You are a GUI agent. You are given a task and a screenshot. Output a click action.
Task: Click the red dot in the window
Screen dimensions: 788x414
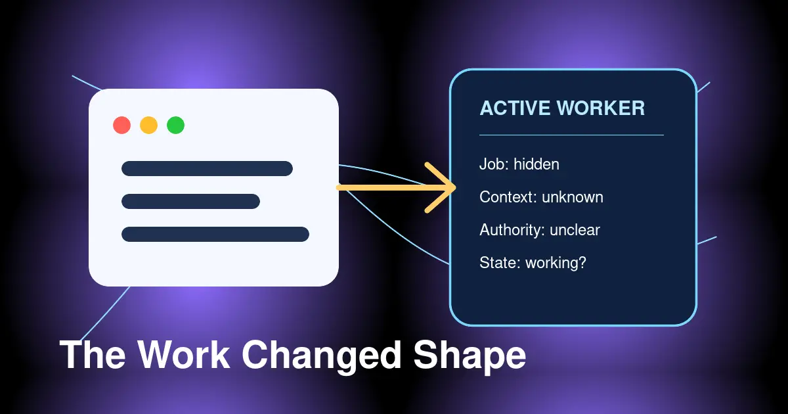(x=121, y=125)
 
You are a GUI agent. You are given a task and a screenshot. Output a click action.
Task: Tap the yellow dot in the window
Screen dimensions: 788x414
(x=149, y=125)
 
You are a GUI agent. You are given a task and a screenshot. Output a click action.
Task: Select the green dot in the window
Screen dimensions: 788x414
(x=175, y=125)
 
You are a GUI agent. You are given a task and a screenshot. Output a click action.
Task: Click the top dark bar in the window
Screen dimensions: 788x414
(x=208, y=168)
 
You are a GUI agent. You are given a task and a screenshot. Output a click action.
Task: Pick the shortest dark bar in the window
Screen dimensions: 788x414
(x=190, y=201)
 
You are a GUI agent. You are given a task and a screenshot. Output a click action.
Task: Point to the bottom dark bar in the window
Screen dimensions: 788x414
(x=215, y=234)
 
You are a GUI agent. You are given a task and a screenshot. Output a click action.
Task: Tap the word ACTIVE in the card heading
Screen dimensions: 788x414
(x=515, y=108)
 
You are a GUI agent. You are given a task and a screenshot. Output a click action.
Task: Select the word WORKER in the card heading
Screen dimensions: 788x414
(x=602, y=108)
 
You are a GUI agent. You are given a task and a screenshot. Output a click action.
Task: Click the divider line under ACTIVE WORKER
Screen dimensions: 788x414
(x=572, y=135)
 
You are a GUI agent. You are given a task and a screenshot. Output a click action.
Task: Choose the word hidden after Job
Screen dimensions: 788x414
(x=536, y=164)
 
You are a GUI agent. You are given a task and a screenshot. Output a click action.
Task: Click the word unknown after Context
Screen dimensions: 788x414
(x=573, y=197)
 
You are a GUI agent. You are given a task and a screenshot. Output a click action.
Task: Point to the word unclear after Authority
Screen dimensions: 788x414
(x=575, y=230)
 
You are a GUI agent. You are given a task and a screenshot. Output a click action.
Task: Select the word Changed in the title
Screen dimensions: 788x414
(x=322, y=356)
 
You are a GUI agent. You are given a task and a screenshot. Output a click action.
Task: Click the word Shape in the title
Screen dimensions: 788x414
(x=470, y=356)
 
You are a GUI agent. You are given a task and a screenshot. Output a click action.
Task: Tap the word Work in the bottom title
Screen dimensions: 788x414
(x=184, y=354)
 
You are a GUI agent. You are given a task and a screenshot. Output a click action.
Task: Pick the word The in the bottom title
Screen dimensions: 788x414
(x=93, y=354)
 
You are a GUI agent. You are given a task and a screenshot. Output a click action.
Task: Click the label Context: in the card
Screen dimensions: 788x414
(x=508, y=197)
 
